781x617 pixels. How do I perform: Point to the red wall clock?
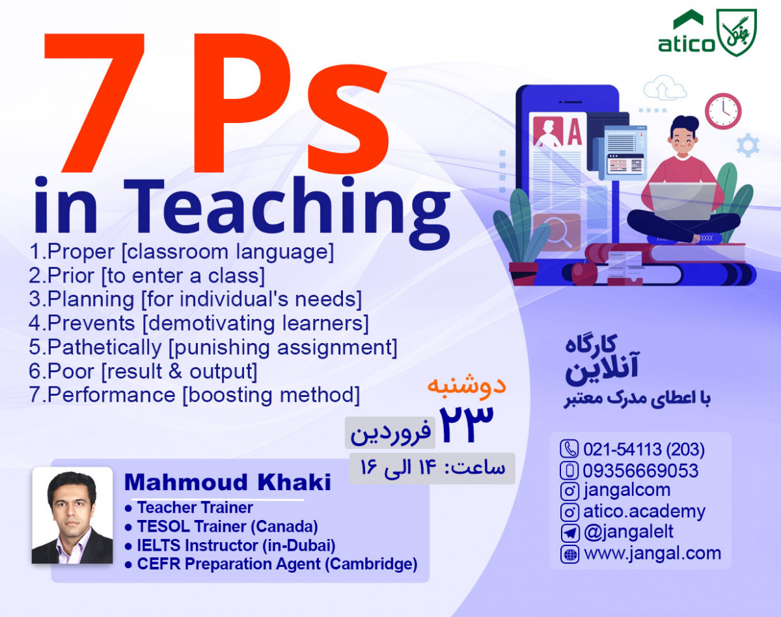point(724,111)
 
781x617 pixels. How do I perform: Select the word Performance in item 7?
point(111,395)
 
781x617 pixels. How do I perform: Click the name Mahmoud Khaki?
point(227,483)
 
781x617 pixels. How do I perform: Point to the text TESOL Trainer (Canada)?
point(227,526)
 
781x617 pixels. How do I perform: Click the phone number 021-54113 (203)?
point(644,449)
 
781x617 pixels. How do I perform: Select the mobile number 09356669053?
point(640,470)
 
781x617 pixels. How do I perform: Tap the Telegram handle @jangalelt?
point(628,532)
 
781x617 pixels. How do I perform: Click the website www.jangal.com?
point(652,554)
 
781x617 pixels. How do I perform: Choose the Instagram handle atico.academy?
point(644,512)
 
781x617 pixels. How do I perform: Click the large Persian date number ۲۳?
point(467,421)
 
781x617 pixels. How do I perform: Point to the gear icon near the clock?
point(748,145)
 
